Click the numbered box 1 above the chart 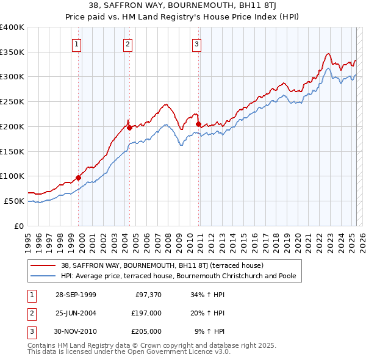tap(77, 43)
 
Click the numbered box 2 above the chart tap(127, 43)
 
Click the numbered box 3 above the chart tap(197, 43)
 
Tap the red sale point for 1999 tap(79, 178)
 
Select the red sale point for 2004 tap(129, 128)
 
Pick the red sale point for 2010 tap(199, 124)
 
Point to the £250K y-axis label tap(12, 101)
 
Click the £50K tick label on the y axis tap(14, 201)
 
